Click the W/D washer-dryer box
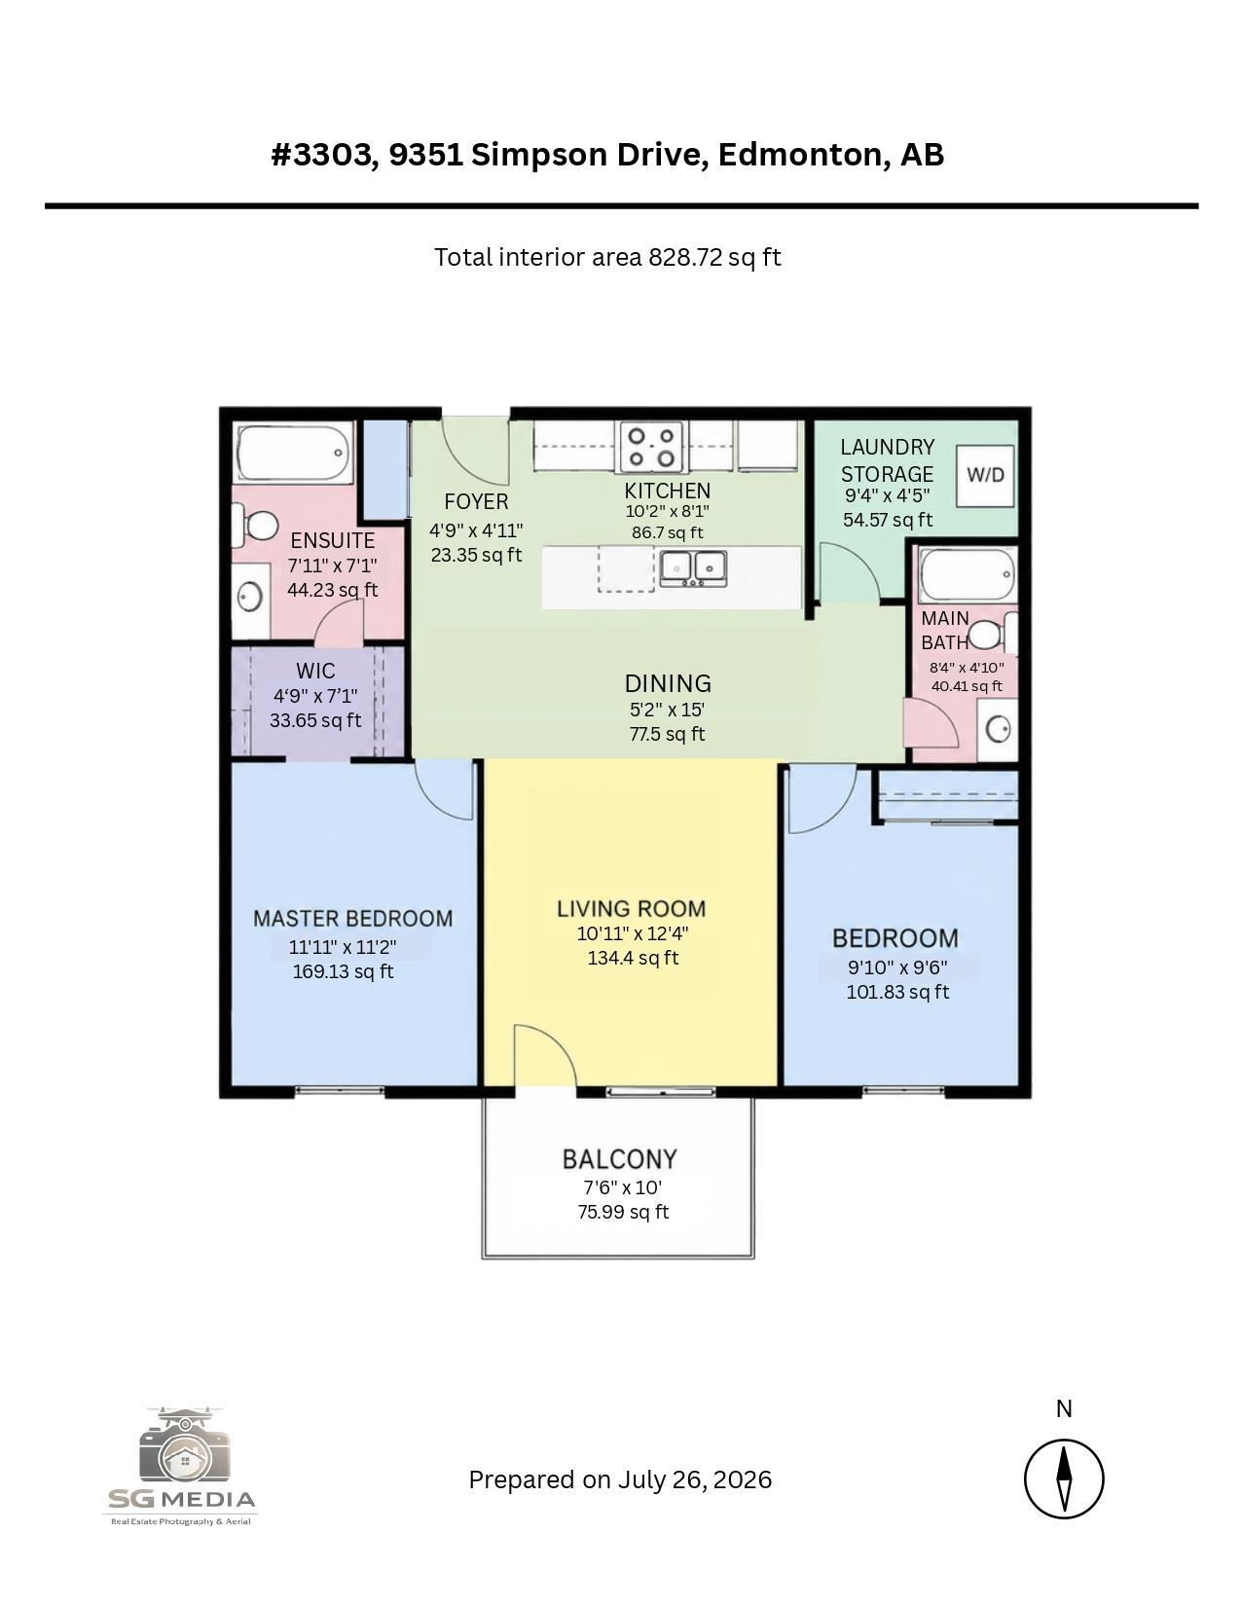point(984,475)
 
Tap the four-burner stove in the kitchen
point(651,447)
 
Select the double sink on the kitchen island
point(693,568)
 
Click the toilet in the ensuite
point(254,525)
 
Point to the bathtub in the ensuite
point(293,453)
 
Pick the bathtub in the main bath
point(967,574)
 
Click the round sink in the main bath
point(999,730)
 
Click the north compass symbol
point(1064,1478)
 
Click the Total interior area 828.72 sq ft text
point(606,257)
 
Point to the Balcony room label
point(619,1159)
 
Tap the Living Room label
point(632,908)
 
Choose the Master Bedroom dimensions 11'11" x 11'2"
point(343,946)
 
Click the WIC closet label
point(315,671)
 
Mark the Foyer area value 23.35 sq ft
point(476,554)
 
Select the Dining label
point(668,683)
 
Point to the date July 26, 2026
point(695,1479)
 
